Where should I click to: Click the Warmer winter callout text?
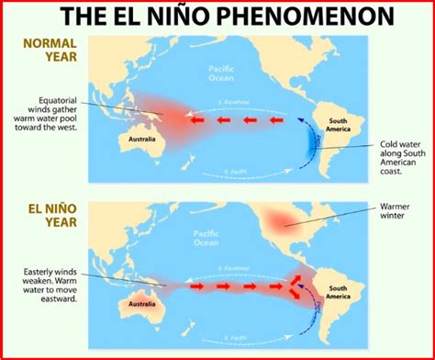click(392, 212)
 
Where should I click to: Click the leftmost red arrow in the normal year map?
click(196, 119)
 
